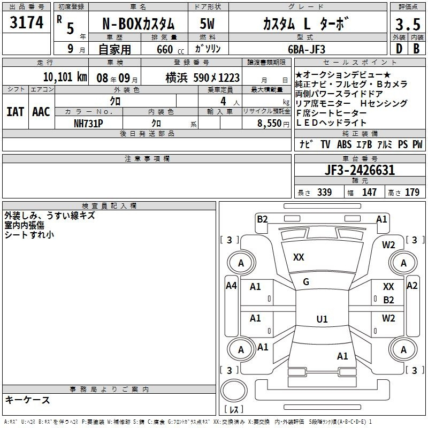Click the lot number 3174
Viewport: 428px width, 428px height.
[x=26, y=22]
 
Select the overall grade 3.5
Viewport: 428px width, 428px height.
[x=408, y=24]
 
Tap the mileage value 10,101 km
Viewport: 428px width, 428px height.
[x=65, y=77]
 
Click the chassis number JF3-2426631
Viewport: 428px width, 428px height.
[x=360, y=170]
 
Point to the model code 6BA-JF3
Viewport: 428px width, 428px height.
[x=307, y=49]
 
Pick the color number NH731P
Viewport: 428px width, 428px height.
[x=88, y=124]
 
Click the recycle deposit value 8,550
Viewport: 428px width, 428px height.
[x=270, y=123]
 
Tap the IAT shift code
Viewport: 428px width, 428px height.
[x=16, y=112]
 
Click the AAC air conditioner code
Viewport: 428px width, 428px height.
[x=41, y=112]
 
